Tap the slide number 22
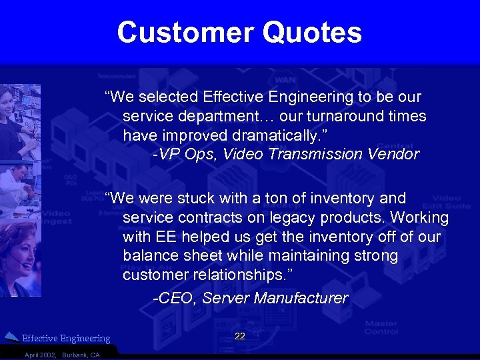(240, 336)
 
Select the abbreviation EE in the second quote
(167, 237)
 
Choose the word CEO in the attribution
(175, 298)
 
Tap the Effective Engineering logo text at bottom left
(66, 339)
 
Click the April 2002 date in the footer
(40, 355)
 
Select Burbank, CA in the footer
(81, 355)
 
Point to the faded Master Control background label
(381, 327)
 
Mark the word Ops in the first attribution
(203, 155)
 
